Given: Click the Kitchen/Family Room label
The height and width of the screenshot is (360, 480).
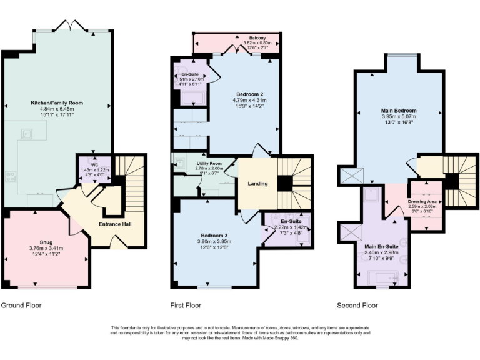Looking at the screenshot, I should click(x=57, y=102).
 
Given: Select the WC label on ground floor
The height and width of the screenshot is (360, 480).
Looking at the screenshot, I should click(x=95, y=165).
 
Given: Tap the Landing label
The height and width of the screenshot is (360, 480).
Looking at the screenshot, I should click(x=257, y=184).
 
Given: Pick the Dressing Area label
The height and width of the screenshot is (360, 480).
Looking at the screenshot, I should click(x=426, y=202).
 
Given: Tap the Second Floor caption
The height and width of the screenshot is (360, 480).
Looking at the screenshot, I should click(x=357, y=306).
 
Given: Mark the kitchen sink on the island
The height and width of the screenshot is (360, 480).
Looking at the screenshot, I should click(x=27, y=132).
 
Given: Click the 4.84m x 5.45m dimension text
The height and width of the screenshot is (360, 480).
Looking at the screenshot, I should click(x=57, y=108).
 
